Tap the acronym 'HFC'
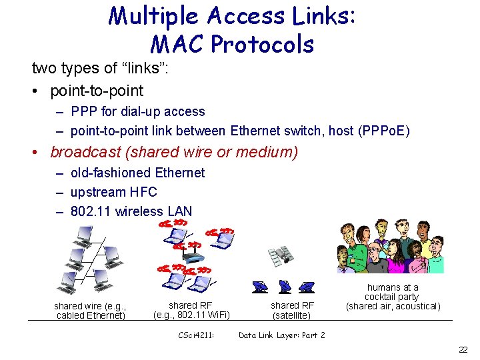tap(143, 192)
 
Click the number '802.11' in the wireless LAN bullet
tap(91, 211)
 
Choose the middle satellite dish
tap(284, 287)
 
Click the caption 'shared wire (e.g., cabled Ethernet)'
tap(91, 311)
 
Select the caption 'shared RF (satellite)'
tap(291, 310)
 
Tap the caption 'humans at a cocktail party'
tap(393, 292)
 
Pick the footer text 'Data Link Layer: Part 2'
tap(282, 335)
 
